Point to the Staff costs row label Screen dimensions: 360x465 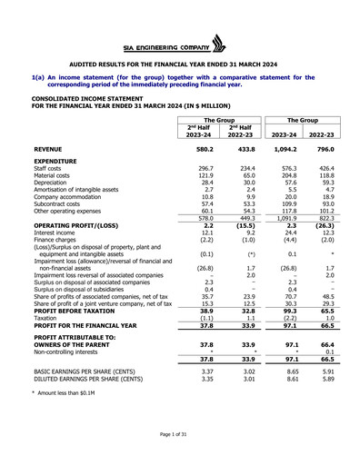coord(48,168)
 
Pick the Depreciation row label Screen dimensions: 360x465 coord(52,184)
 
